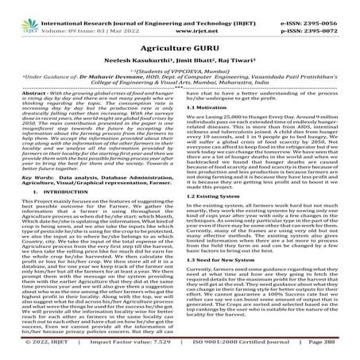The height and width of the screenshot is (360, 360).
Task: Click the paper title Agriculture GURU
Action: pyautogui.click(x=180, y=44)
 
